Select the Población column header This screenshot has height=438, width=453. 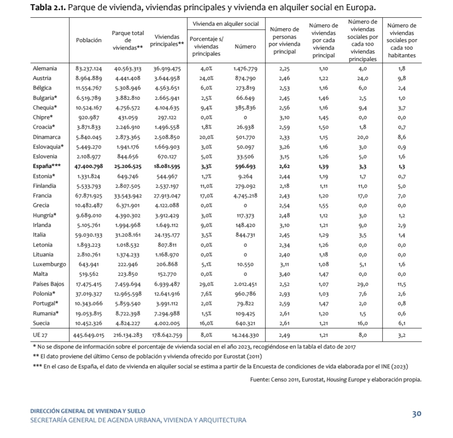click(x=89, y=40)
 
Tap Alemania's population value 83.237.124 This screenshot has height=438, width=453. click(x=89, y=68)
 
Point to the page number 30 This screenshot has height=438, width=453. click(x=416, y=414)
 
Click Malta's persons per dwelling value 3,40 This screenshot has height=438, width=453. click(x=284, y=274)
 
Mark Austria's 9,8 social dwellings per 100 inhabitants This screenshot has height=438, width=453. click(x=401, y=78)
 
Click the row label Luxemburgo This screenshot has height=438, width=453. click(x=49, y=264)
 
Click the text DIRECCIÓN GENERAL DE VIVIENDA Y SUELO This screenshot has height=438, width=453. click(x=88, y=411)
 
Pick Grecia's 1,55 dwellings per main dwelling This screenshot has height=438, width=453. click(x=323, y=206)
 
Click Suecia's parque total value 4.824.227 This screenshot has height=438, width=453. click(x=128, y=324)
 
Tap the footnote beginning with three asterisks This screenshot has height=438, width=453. click(x=220, y=366)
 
